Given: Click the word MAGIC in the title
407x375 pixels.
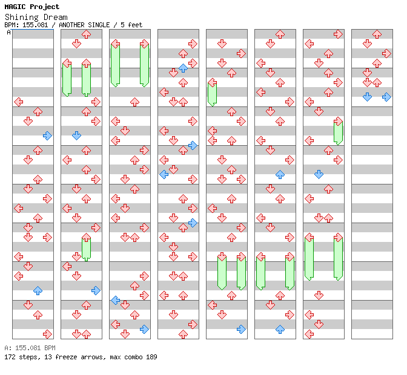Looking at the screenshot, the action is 15,7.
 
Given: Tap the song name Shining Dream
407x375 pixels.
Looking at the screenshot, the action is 36,18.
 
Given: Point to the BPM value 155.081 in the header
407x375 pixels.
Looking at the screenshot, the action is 35,25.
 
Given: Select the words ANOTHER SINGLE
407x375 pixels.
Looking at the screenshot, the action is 84,25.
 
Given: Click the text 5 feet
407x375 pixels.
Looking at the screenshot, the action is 131,25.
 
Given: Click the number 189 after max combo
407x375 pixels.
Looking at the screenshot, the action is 151,357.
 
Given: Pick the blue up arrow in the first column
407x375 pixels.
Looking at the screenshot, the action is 38,291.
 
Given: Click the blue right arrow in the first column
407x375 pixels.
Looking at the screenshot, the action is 47,136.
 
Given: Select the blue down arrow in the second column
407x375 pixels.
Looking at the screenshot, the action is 76,136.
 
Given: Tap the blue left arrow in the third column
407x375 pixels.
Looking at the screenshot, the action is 116,301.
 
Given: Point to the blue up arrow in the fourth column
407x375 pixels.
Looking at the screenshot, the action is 184,68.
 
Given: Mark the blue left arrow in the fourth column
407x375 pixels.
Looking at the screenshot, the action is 164,174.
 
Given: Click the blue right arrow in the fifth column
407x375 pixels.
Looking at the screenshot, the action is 242,330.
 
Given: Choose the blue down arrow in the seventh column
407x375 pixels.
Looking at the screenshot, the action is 319,174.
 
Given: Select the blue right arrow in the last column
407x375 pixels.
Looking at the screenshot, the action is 387,97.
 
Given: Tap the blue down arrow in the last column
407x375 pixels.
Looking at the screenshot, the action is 367,97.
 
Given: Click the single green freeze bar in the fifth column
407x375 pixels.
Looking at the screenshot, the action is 213,93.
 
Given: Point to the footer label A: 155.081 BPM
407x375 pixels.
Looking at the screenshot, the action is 30,348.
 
